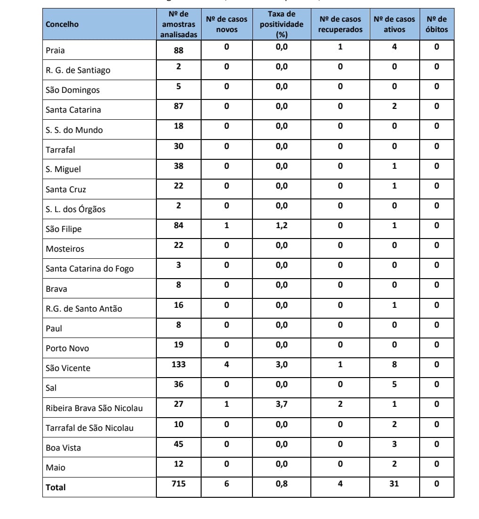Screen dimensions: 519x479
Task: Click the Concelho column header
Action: point(62,24)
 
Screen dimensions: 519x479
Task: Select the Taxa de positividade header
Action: point(281,24)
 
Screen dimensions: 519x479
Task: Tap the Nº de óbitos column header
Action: point(436,24)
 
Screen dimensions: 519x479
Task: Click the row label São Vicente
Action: point(68,368)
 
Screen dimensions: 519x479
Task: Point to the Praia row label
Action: point(55,50)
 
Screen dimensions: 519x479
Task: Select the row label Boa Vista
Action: point(63,448)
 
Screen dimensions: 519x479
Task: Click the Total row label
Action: point(56,487)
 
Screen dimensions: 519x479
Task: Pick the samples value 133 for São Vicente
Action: point(179,364)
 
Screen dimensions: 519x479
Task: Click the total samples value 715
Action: point(179,483)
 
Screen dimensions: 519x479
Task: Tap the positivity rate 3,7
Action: point(282,404)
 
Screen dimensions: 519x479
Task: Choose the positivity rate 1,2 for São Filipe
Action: point(282,225)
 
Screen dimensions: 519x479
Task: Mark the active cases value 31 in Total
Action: point(394,483)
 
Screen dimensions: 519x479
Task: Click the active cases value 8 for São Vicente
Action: point(394,364)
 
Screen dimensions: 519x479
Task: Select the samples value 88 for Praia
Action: point(179,50)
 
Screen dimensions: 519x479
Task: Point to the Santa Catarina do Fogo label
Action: point(89,269)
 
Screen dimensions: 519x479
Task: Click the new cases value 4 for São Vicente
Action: point(227,364)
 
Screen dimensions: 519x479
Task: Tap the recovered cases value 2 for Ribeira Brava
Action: point(340,404)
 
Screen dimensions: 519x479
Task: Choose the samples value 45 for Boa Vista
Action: point(179,444)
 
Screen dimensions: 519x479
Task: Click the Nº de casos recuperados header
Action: point(340,24)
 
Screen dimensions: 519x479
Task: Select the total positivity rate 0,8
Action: point(282,483)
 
